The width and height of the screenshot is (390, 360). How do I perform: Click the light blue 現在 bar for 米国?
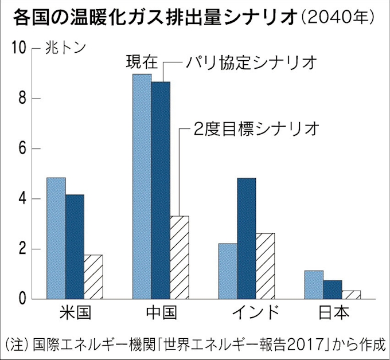[56, 238]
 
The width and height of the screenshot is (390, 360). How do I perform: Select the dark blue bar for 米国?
[75, 246]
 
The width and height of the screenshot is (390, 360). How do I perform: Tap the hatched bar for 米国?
[93, 277]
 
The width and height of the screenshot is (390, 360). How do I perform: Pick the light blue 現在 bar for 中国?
[142, 186]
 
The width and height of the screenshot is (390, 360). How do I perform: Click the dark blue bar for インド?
[247, 238]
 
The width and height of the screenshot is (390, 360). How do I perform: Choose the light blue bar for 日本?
[314, 284]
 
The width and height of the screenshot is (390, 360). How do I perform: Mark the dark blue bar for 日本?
[333, 289]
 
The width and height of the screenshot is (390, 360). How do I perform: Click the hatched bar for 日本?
[352, 295]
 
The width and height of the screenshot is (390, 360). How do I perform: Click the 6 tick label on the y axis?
[22, 148]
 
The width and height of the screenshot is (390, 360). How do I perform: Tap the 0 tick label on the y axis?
[22, 299]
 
